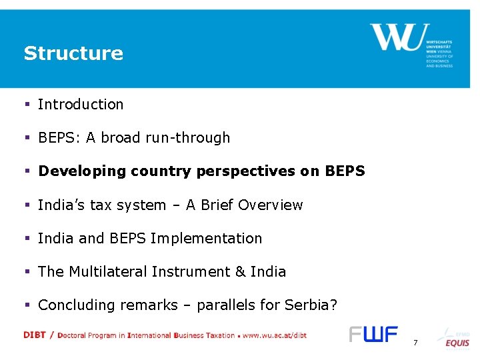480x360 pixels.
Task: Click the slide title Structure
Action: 73,53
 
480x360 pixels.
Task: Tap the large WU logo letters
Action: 396,37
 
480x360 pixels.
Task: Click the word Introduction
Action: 81,105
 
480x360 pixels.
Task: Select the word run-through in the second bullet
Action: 198,138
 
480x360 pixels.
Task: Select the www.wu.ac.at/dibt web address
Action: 275,335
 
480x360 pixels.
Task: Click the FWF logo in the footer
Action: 373,335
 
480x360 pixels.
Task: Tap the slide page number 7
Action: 415,343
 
